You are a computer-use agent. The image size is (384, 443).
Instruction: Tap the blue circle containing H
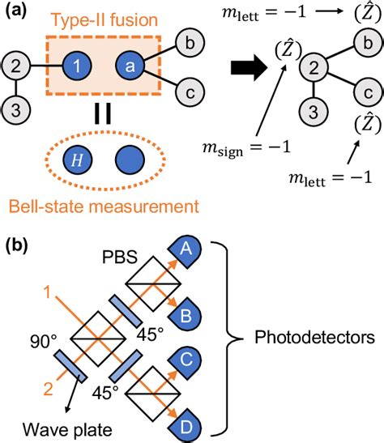97,160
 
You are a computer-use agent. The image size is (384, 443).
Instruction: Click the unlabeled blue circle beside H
153,160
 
